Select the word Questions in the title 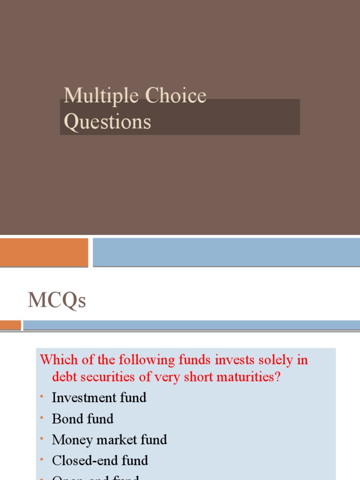pyautogui.click(x=107, y=122)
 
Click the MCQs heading pyautogui.click(x=57, y=300)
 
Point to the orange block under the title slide pyautogui.click(x=44, y=252)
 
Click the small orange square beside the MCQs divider pyautogui.click(x=10, y=325)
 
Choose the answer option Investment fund pyautogui.click(x=99, y=397)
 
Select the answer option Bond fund pyautogui.click(x=82, y=419)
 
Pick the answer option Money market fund pyautogui.click(x=109, y=440)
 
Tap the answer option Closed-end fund pyautogui.click(x=100, y=460)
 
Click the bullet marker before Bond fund pyautogui.click(x=42, y=417)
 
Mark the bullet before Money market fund pyautogui.click(x=42, y=438)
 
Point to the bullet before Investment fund pyautogui.click(x=42, y=396)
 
